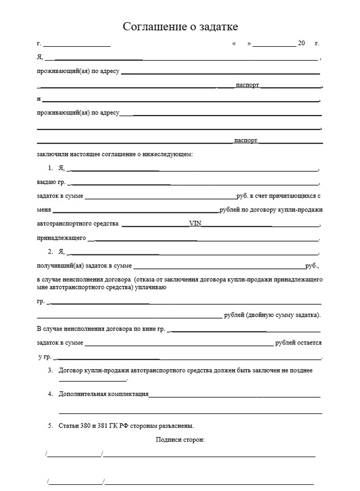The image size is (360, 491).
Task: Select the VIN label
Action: pyautogui.click(x=195, y=224)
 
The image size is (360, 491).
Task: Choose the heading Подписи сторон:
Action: pyautogui.click(x=180, y=440)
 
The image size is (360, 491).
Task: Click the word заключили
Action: pyautogui.click(x=51, y=154)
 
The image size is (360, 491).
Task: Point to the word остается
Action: pyautogui.click(x=310, y=342)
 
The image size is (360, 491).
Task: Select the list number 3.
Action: pyautogui.click(x=50, y=370)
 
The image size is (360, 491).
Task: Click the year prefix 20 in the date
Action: pyautogui.click(x=301, y=43)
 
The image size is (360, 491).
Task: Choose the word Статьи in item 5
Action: pyautogui.click(x=69, y=426)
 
